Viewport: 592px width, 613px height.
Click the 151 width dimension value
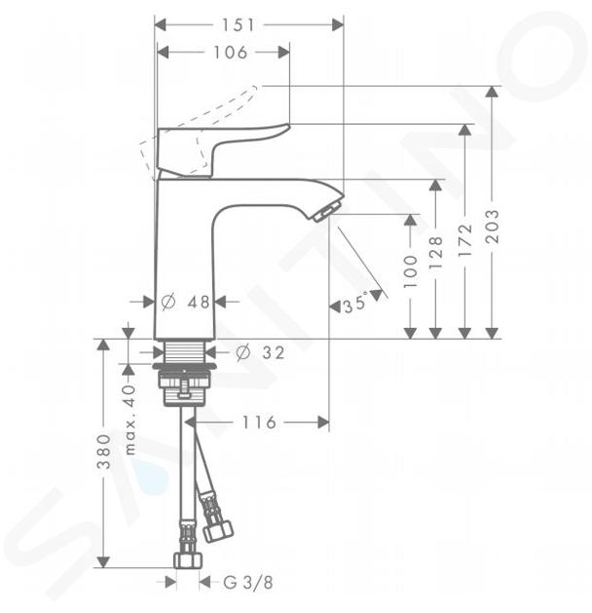click(239, 25)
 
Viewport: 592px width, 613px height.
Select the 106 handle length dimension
click(230, 52)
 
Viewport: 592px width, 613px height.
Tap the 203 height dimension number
click(493, 227)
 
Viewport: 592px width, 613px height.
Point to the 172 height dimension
click(465, 240)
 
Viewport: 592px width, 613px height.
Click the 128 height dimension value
click(436, 253)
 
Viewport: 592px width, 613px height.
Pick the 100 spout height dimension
click(411, 271)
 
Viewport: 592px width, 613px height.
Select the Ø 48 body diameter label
click(185, 302)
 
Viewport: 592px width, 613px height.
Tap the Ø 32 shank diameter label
click(260, 352)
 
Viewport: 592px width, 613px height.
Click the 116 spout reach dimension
click(259, 422)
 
